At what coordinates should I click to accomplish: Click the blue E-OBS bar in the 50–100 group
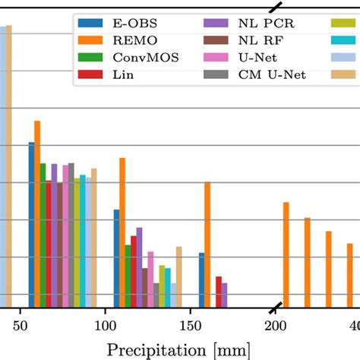tap(32, 224)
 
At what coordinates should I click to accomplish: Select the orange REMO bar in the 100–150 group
tap(122, 232)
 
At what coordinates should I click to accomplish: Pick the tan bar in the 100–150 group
tap(179, 276)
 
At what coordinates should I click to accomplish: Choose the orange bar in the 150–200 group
tap(207, 244)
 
